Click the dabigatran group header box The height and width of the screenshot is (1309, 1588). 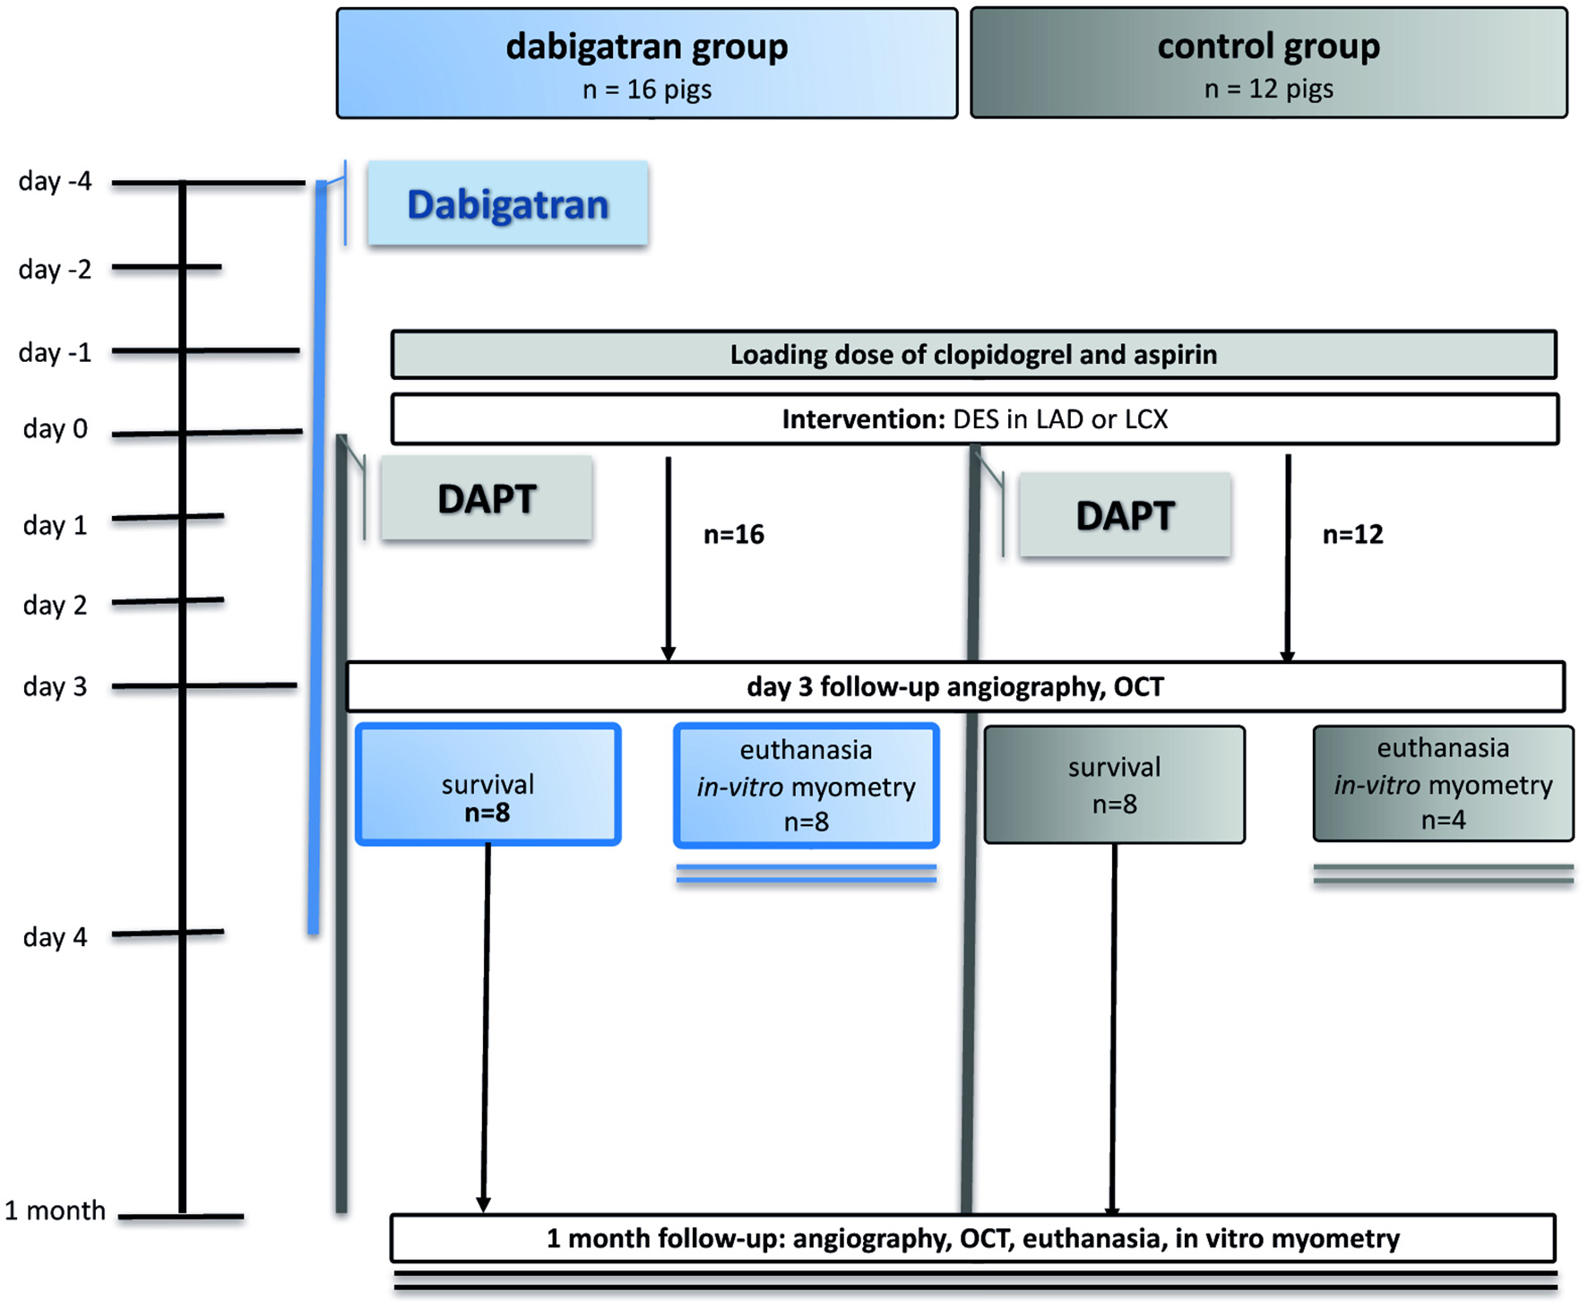pos(646,64)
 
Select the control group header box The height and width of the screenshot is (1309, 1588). pos(1268,64)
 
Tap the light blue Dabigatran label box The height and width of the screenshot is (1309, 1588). pos(507,204)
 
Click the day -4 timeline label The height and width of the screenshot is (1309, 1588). pos(55,182)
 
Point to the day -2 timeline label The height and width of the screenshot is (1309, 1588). pos(55,269)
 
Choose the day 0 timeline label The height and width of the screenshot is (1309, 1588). pos(55,429)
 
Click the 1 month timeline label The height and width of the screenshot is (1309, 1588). pos(55,1211)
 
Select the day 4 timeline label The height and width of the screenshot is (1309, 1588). pos(55,937)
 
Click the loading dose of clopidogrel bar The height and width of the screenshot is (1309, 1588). pos(973,355)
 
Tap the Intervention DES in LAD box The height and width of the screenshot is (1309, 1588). pos(974,419)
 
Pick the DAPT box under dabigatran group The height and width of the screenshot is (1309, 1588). pos(487,499)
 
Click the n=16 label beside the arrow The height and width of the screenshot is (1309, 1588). pos(733,535)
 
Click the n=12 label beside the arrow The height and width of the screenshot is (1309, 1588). pos(1352,535)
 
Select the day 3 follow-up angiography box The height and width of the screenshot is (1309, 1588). pos(955,687)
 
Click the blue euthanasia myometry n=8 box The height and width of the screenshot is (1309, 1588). pos(806,786)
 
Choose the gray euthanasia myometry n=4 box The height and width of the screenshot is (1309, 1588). pos(1443,784)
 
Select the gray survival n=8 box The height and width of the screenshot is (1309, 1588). pos(1114,785)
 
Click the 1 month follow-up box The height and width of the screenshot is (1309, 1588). pos(972,1239)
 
